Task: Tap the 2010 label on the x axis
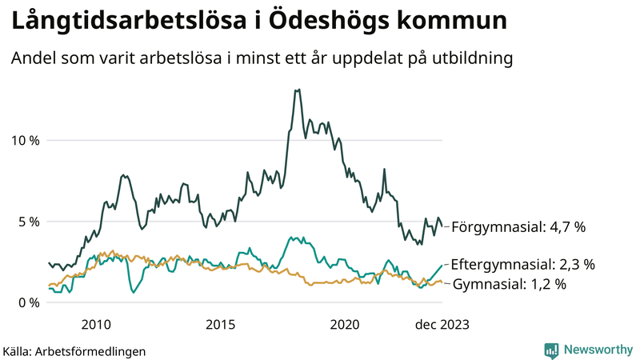96,324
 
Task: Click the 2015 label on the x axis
220,324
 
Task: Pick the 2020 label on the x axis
345,324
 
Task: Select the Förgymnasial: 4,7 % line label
518,227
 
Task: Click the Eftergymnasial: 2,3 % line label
522,264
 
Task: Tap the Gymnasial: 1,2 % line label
510,284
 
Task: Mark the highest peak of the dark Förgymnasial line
298,90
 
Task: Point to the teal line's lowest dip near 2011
133,293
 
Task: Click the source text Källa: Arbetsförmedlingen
74,351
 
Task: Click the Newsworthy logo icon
551,350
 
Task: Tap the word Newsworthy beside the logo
597,350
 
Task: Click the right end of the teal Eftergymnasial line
442,265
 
